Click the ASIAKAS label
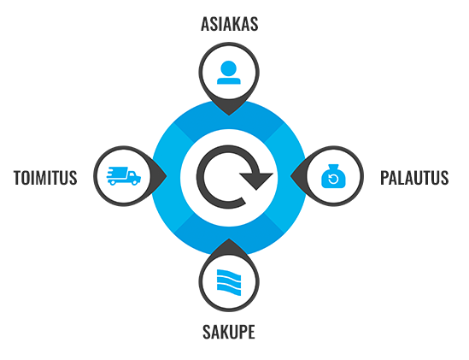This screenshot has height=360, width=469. coord(230,24)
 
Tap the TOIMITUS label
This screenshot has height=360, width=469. coord(45,177)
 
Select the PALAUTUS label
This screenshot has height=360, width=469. coord(414,177)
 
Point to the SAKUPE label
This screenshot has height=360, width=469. coord(229,332)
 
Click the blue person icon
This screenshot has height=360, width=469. coord(229,73)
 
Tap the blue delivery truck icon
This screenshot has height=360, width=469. coord(124,176)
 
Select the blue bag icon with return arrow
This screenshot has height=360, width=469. coord(333,176)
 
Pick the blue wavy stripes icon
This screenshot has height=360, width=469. coord(229,282)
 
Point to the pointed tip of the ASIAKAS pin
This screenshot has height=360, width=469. coord(229,115)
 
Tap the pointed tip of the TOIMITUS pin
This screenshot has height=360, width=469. coord(167,176)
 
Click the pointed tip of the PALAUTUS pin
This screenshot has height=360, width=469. coord(291,176)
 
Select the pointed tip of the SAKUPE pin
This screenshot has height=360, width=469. coord(229,239)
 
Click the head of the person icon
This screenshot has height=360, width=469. coord(229,68)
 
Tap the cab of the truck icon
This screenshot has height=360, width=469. coord(134,176)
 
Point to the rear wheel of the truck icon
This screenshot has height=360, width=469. coord(112,182)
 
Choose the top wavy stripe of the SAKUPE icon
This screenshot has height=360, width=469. coord(229,274)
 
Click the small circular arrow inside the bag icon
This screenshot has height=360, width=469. coord(333,180)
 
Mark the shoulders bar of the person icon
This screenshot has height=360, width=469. coord(229,81)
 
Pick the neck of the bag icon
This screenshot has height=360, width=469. coord(333,168)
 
